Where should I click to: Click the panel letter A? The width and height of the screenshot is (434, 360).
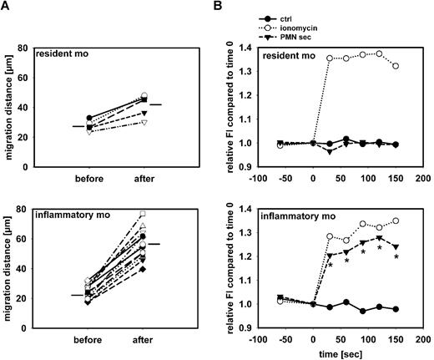pos(6,8)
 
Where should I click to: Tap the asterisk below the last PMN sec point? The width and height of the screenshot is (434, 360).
pos(396,257)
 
